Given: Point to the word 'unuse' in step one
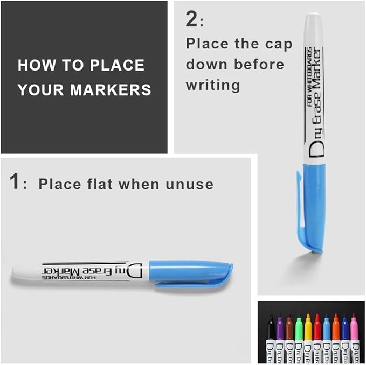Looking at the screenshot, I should pos(191,185).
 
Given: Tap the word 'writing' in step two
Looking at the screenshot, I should pos(212,85).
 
